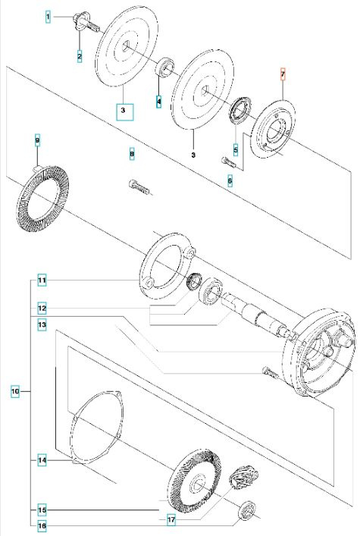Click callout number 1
(x=48, y=15)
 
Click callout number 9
(x=37, y=140)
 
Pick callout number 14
(x=42, y=460)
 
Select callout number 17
(x=172, y=519)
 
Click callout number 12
(x=42, y=309)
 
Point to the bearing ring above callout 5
(x=243, y=108)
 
